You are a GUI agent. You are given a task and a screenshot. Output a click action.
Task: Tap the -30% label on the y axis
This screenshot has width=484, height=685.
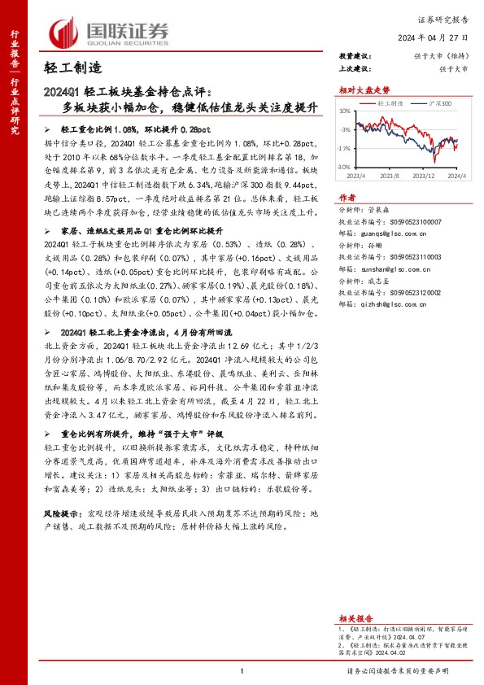click(x=345, y=167)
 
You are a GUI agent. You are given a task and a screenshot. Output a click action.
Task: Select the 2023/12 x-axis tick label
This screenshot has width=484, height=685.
click(x=425, y=174)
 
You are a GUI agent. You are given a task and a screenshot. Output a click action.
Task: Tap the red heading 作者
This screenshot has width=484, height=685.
click(x=347, y=198)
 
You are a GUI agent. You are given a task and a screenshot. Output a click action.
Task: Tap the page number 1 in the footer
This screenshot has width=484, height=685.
click(x=242, y=671)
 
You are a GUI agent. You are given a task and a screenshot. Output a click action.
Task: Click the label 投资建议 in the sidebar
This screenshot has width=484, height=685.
click(x=355, y=56)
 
